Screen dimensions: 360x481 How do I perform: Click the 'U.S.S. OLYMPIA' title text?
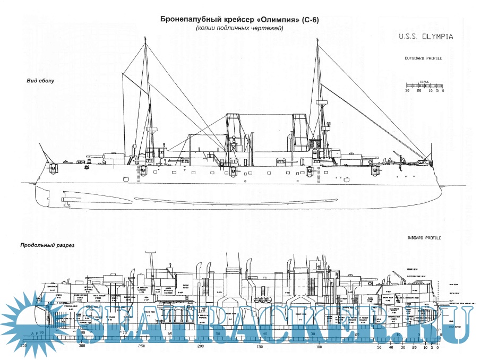429,37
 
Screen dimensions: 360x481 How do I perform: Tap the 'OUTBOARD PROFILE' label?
423,58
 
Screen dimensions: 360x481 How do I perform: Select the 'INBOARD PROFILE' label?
424,238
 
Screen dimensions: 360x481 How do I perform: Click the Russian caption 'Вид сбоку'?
41,81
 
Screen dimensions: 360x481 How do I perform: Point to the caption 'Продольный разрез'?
47,246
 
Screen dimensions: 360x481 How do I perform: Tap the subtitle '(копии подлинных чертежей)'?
240,29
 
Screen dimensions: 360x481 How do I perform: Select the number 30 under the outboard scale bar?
407,91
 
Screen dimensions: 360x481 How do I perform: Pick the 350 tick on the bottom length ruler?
23,346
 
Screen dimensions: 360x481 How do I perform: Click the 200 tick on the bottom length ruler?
200,346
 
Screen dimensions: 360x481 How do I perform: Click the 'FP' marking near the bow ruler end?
438,330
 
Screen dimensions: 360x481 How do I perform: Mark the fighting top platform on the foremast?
320,101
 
